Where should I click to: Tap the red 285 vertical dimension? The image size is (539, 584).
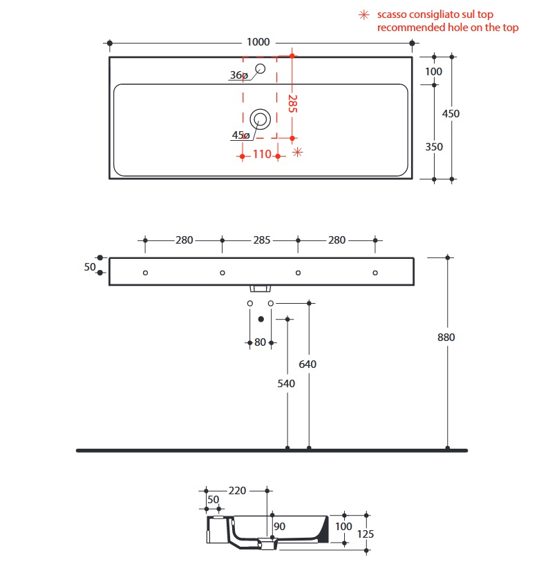point(292,104)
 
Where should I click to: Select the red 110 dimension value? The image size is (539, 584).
point(261,155)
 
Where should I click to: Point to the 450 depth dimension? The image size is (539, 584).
point(451,114)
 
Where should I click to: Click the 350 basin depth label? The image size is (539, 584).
point(434,146)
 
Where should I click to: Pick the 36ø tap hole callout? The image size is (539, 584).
point(239,75)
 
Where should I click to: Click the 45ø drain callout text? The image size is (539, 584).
point(240,135)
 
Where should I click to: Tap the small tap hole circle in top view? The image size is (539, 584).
point(261,68)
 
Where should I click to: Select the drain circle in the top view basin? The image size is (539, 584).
point(261,118)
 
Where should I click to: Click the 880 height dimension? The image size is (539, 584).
point(448,338)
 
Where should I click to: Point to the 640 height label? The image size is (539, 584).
point(308,364)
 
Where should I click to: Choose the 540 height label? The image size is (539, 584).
point(286,383)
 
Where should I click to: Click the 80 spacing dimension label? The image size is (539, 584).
point(260,342)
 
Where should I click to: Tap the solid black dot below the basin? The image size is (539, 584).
point(261,319)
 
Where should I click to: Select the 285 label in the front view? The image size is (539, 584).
point(261,240)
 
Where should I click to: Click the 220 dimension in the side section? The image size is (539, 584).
point(237,491)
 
